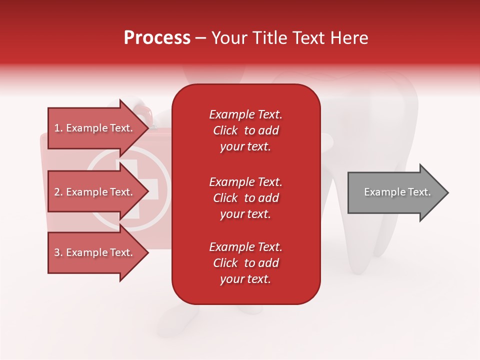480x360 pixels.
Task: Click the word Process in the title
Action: tap(157, 38)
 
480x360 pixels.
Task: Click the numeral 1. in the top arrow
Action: tap(58, 128)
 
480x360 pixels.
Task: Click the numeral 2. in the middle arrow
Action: tap(58, 192)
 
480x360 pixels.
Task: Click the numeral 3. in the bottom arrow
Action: tap(58, 252)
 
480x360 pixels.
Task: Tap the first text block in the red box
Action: tap(245, 130)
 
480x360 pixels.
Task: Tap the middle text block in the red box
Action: tap(245, 198)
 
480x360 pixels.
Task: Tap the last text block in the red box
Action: tap(245, 263)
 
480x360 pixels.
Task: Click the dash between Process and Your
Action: tap(201, 38)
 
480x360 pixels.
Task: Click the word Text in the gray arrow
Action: tap(419, 192)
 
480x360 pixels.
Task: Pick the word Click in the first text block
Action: tap(225, 130)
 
